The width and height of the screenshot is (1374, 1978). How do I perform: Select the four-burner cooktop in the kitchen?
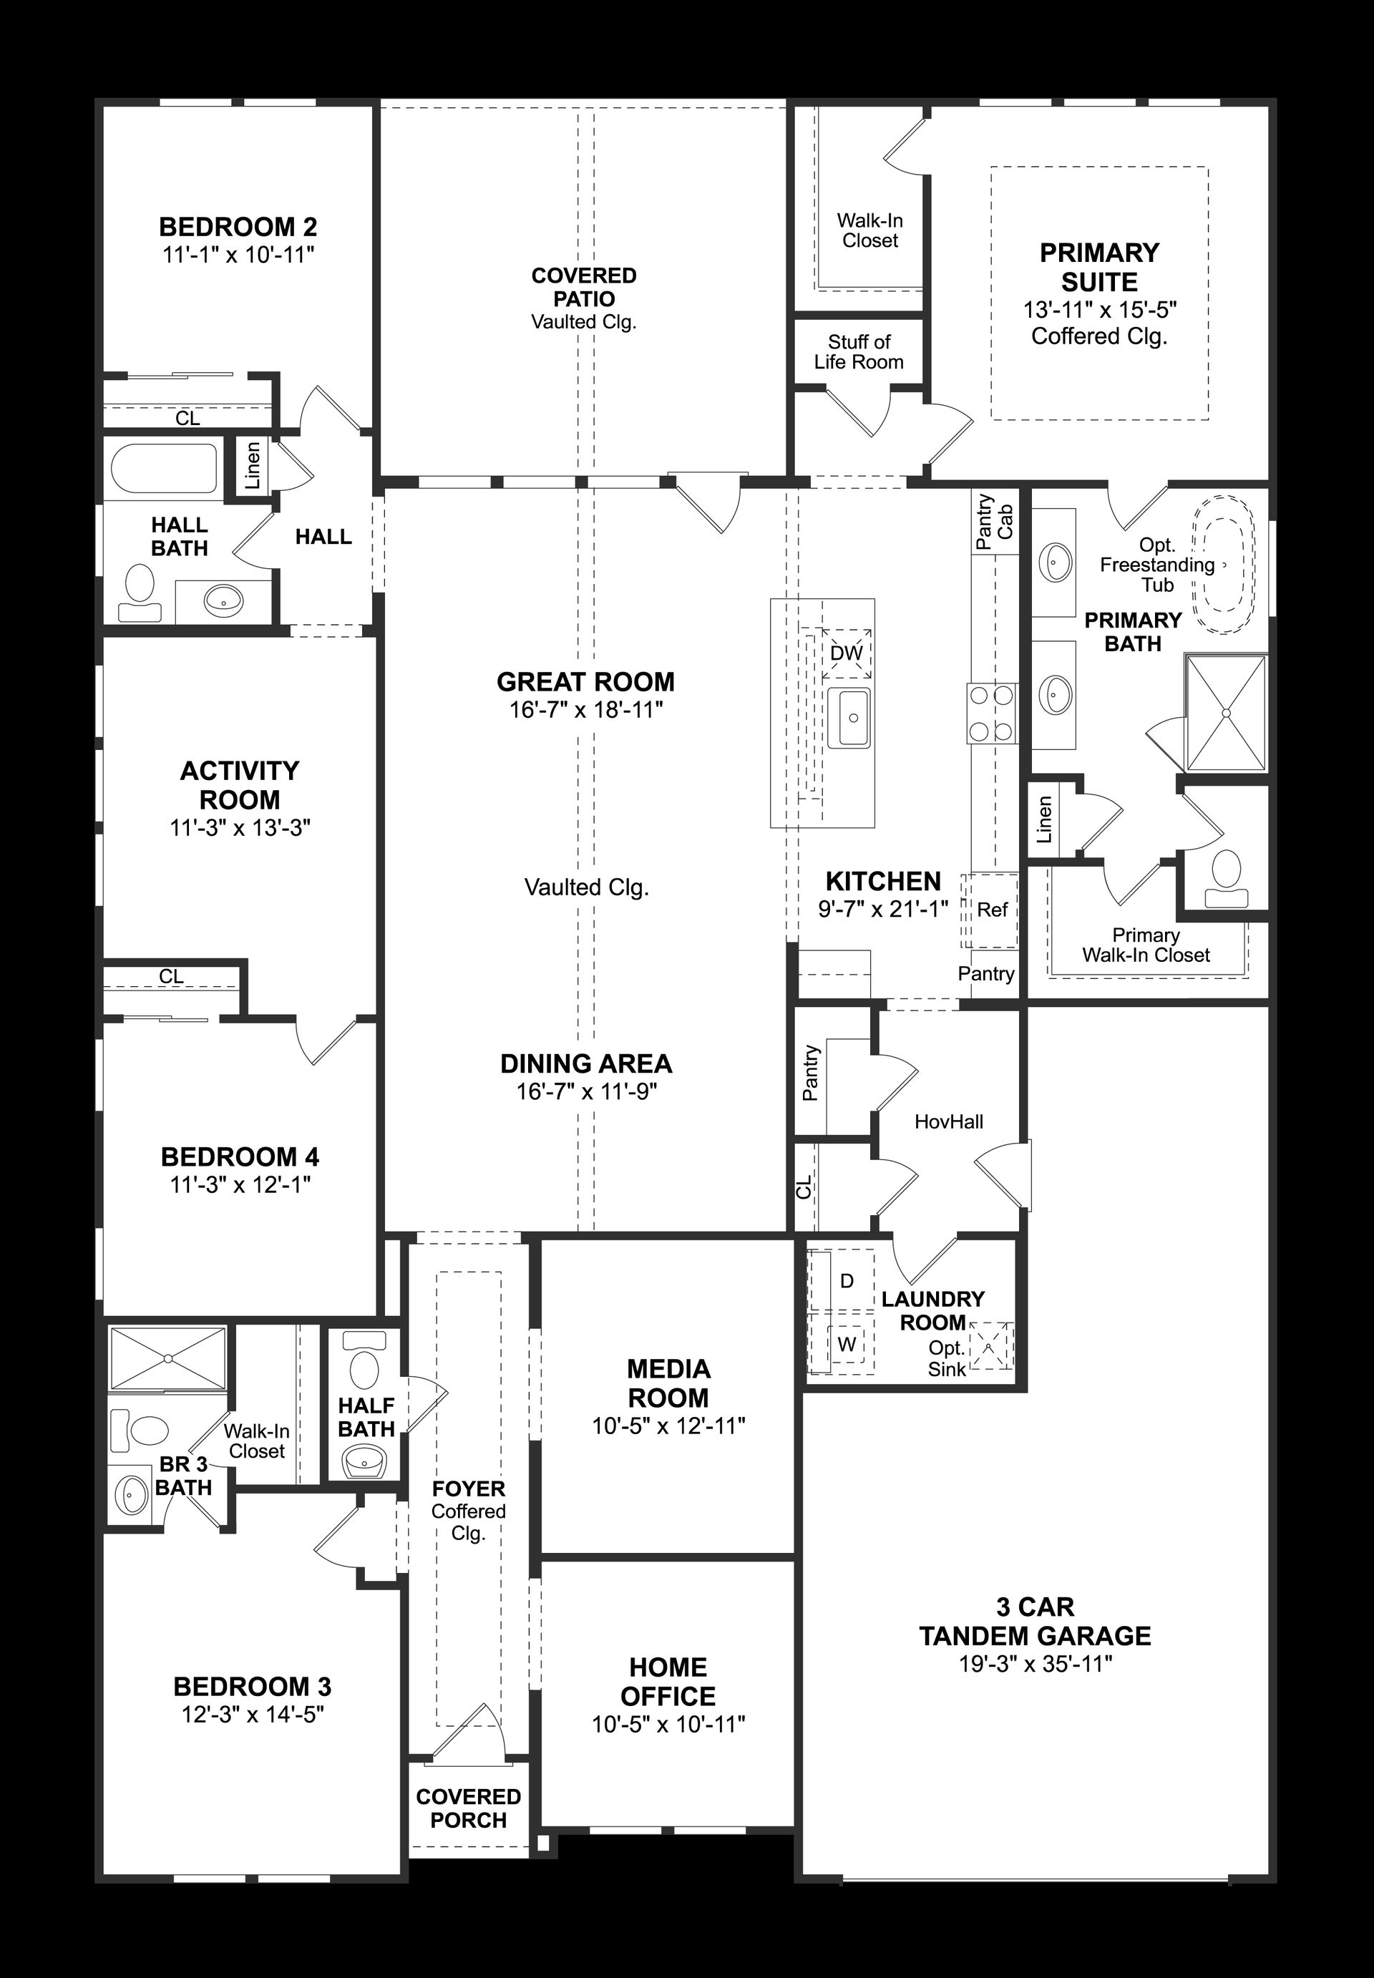pyautogui.click(x=993, y=713)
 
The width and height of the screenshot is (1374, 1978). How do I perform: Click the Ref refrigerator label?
pyautogui.click(x=993, y=910)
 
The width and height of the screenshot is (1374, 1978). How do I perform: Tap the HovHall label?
pyautogui.click(x=949, y=1121)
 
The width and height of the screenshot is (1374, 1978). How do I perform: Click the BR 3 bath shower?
pyautogui.click(x=169, y=1358)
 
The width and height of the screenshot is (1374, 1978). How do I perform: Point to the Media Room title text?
pyautogui.click(x=668, y=1383)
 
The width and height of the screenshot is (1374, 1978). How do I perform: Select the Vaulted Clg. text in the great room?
pyautogui.click(x=586, y=887)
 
